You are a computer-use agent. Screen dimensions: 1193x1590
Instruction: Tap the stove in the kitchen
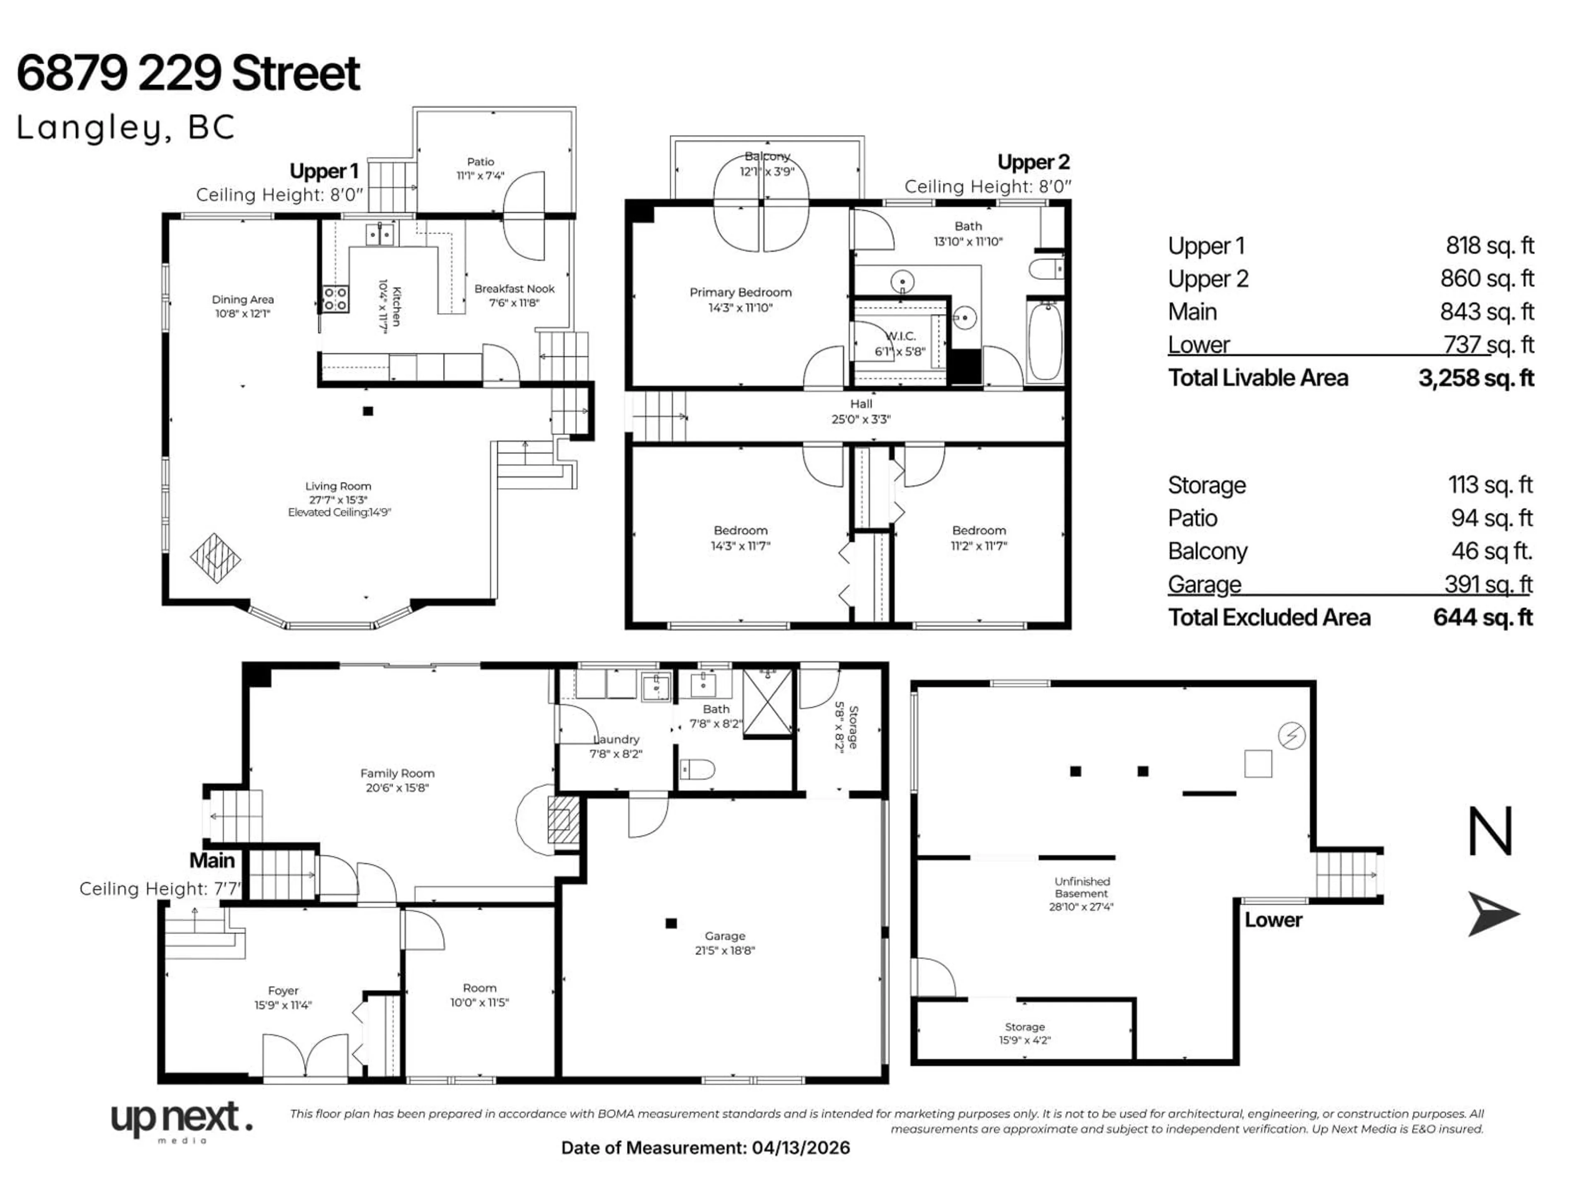335,298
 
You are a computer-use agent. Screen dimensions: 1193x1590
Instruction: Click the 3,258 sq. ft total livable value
1476,378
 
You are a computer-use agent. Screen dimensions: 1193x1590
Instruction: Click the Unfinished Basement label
1082,887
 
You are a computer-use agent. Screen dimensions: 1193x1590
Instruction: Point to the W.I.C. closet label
900,336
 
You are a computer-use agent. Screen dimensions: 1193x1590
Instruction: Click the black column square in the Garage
671,923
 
